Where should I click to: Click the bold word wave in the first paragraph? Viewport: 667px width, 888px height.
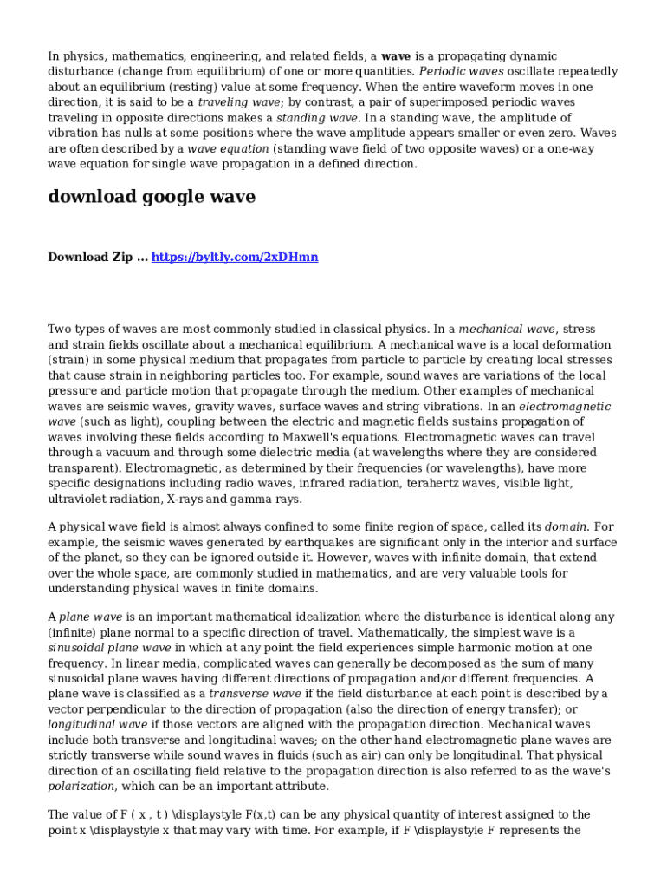coord(396,56)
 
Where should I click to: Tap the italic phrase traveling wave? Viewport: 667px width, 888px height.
coord(233,102)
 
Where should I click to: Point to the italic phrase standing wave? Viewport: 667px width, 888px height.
coord(317,118)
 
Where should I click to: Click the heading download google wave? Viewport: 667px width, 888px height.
coord(152,197)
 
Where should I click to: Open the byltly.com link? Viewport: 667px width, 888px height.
coord(235,258)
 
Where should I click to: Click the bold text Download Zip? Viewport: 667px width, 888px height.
coord(90,258)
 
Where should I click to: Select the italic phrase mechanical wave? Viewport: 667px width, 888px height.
coord(507,330)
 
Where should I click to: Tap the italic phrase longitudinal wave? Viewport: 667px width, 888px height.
coord(97,725)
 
